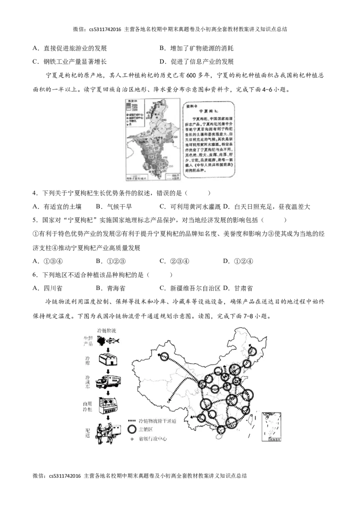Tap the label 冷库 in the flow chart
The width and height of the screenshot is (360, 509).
pos(88,361)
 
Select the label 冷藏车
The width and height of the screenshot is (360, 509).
pos(88,383)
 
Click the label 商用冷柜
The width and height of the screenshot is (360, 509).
pos(88,406)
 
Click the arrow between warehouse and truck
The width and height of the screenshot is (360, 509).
pos(108,372)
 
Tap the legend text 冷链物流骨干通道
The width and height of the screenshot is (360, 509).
pos(157,420)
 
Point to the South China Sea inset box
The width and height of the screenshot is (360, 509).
pos(271,424)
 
